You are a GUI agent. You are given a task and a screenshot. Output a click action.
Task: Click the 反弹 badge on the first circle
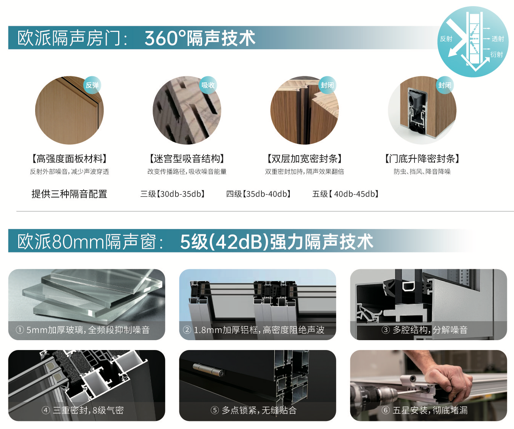[x=92, y=85]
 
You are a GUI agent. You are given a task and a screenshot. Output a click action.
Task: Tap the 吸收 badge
[x=208, y=85]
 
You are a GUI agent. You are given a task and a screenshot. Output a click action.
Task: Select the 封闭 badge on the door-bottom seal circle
[x=444, y=85]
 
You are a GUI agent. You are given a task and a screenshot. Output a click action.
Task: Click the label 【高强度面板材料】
[x=70, y=159]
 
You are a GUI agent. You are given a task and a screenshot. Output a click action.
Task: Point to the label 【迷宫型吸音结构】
[x=187, y=159]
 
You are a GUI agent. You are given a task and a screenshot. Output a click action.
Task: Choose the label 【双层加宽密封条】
[x=305, y=159]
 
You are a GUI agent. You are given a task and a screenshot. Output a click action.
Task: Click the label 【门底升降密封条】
[x=422, y=159]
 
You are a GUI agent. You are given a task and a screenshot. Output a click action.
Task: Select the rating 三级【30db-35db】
[x=172, y=194]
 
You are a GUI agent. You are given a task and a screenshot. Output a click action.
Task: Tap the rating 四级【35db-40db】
[x=258, y=194]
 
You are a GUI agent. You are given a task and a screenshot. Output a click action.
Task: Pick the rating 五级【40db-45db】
[x=345, y=194]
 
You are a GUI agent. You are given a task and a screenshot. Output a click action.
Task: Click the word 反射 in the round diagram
[x=446, y=39]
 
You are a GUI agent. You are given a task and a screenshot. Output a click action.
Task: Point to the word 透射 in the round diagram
[x=498, y=39]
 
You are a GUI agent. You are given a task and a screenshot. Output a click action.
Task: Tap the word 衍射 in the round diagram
[x=497, y=54]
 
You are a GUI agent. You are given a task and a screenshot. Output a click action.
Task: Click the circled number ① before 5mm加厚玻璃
[x=20, y=330]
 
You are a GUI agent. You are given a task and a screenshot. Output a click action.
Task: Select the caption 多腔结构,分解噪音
[x=430, y=330]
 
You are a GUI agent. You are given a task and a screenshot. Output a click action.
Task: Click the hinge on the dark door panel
[x=208, y=370]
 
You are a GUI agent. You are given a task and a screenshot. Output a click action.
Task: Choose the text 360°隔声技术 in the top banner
[x=200, y=38]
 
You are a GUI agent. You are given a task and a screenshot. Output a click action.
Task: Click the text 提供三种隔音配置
[x=70, y=194]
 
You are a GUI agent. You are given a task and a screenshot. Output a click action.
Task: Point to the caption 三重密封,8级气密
[x=88, y=410]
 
